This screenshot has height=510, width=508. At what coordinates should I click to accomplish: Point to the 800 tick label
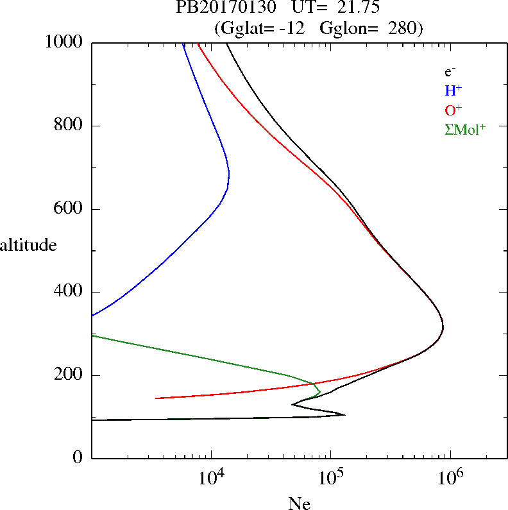(70, 126)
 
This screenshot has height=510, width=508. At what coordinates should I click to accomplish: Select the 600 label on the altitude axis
(70, 209)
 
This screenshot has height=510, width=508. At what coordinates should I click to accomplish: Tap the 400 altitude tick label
(70, 292)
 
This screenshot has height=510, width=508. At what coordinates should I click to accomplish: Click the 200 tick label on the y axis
(70, 375)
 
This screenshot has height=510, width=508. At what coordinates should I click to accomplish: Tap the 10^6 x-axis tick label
(450, 478)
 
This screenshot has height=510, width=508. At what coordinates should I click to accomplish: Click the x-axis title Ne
(300, 504)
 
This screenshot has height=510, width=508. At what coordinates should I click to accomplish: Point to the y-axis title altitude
(28, 245)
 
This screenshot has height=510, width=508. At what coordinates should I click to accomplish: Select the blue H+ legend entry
(453, 90)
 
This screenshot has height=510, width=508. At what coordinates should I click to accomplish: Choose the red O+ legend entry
(453, 110)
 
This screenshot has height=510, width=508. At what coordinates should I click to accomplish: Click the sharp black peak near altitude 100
(344, 414)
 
